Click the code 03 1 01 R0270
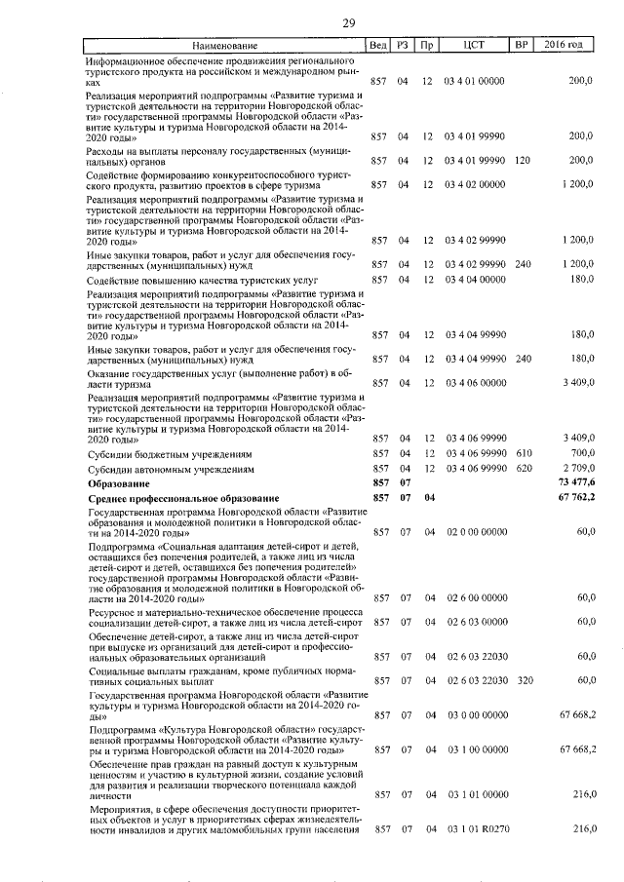(x=475, y=828)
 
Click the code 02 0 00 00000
(x=475, y=532)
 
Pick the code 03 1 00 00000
(x=475, y=749)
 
